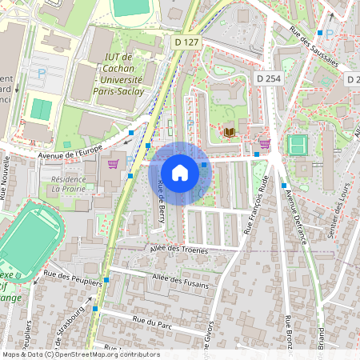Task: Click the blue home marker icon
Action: pos(180,172)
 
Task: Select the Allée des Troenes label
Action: pos(178,250)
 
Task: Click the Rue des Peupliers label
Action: pos(72,278)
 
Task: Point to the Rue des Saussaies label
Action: pos(314,47)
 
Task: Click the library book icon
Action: pos(230,131)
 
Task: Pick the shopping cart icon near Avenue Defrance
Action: pos(265,144)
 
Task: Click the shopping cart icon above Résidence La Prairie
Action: pos(113,164)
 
